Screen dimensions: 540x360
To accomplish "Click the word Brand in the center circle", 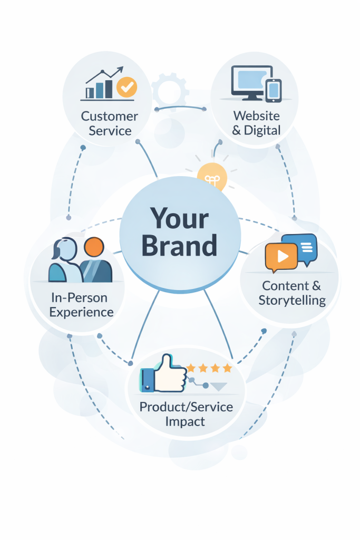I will (x=179, y=246).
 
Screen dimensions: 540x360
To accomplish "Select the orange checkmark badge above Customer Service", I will (x=127, y=87).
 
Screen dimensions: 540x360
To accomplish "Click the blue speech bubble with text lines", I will (x=301, y=245).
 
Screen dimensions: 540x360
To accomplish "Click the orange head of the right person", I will (x=94, y=247).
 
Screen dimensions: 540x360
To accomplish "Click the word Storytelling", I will (x=292, y=300).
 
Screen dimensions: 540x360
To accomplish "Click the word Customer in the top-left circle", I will (x=110, y=116).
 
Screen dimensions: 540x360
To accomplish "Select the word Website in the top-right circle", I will (x=256, y=115).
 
